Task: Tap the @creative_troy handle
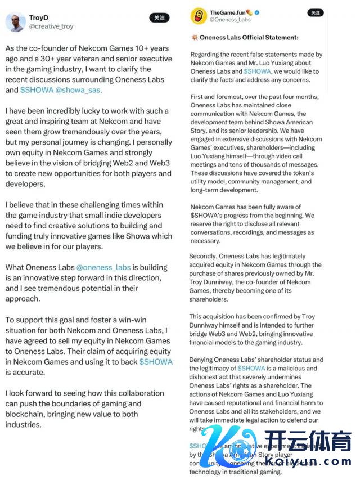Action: click(51, 26)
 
